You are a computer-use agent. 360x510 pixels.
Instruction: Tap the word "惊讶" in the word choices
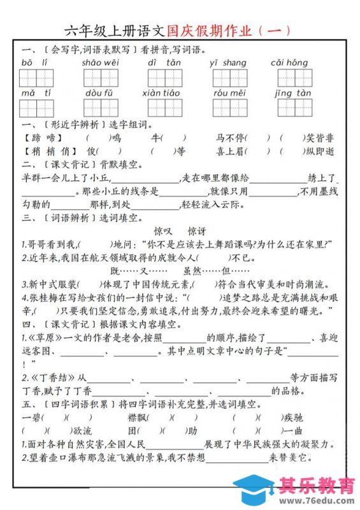coord(198,231)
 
